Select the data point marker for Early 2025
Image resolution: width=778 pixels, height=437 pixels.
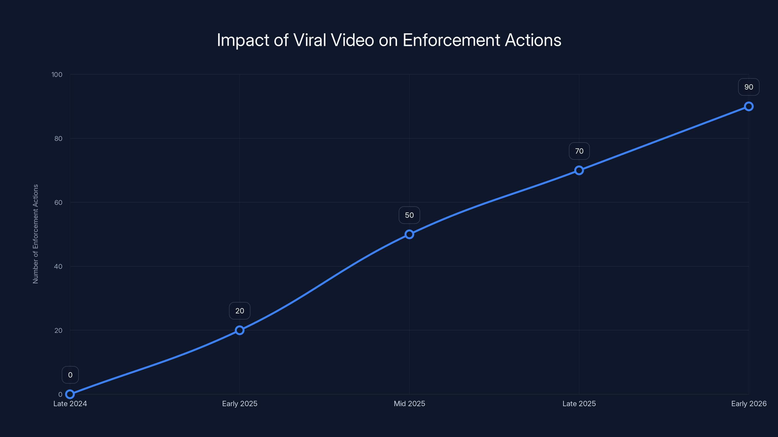pyautogui.click(x=239, y=330)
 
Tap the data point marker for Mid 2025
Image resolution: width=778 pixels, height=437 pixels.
pyautogui.click(x=409, y=234)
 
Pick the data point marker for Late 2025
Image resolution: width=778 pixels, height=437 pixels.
pyautogui.click(x=579, y=170)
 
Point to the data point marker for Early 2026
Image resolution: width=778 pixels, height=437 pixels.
pyautogui.click(x=749, y=107)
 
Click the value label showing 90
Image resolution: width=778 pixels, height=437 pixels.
pyautogui.click(x=749, y=87)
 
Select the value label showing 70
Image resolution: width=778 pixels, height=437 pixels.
pyautogui.click(x=579, y=151)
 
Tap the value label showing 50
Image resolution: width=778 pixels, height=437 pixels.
pyautogui.click(x=409, y=215)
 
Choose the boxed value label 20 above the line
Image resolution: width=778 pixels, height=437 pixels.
pyautogui.click(x=239, y=311)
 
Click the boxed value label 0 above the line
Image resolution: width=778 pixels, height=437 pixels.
pyautogui.click(x=70, y=375)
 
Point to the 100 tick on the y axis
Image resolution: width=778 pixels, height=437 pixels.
pyautogui.click(x=57, y=75)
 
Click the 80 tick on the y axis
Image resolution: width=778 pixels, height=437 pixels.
pyautogui.click(x=58, y=138)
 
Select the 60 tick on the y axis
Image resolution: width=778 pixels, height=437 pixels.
pyautogui.click(x=58, y=202)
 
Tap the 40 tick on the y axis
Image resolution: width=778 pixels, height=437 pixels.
pyautogui.click(x=58, y=266)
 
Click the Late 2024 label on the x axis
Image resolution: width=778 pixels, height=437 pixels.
pyautogui.click(x=70, y=403)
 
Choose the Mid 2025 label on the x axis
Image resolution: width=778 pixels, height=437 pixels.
pyautogui.click(x=409, y=403)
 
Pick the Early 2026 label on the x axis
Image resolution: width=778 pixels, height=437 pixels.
pyautogui.click(x=749, y=403)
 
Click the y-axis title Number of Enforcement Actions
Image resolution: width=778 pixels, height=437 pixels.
pyautogui.click(x=36, y=234)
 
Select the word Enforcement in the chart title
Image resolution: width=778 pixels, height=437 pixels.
pyautogui.click(x=451, y=40)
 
